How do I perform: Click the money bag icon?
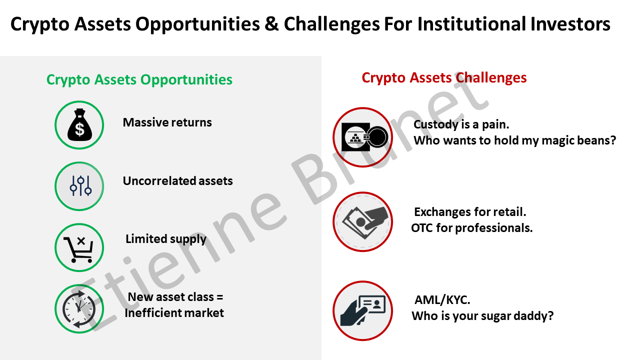[x=79, y=125]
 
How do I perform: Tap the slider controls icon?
[x=80, y=185]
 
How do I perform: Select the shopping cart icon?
[x=78, y=249]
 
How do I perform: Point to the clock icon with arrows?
[x=79, y=309]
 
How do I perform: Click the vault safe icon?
[x=364, y=137]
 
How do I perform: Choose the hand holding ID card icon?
[x=363, y=311]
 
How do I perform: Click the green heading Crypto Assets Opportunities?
[x=139, y=79]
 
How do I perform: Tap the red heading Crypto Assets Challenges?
[x=444, y=77]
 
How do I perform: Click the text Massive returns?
[x=167, y=122]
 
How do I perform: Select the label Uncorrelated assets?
[x=177, y=181]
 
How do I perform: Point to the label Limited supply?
[x=165, y=239]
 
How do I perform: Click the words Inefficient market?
[x=174, y=313]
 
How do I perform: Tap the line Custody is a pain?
[x=461, y=124]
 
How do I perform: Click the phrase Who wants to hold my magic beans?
[x=514, y=140]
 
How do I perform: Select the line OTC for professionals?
[x=471, y=228]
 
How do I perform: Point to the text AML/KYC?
[x=442, y=300]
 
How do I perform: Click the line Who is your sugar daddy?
[x=482, y=316]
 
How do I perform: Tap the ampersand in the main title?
[x=271, y=24]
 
